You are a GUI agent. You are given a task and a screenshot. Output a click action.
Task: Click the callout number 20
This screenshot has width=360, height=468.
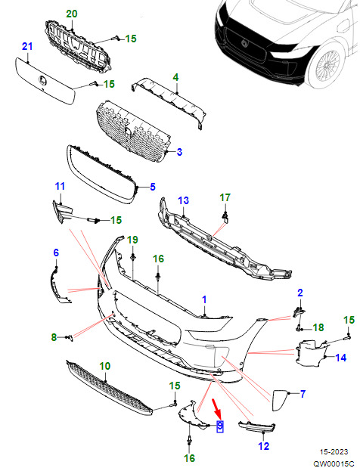tap(71, 14)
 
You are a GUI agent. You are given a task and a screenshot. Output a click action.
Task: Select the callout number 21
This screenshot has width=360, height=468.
tap(27, 46)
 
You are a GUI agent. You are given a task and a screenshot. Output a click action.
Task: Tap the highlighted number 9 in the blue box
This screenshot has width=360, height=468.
tap(220, 426)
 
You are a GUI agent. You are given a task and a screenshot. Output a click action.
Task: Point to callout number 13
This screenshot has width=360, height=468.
tap(184, 200)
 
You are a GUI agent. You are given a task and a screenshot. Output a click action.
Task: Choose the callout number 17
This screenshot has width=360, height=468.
tap(225, 197)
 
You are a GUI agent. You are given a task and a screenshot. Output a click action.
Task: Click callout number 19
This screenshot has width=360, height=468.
tap(133, 240)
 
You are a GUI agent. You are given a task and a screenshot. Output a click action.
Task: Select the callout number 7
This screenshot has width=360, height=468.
tap(303, 394)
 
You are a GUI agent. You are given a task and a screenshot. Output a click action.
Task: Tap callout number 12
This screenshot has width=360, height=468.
tap(264, 446)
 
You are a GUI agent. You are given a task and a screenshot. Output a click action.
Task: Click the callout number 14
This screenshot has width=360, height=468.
tap(341, 358)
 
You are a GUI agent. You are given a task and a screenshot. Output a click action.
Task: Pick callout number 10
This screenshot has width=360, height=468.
tap(105, 366)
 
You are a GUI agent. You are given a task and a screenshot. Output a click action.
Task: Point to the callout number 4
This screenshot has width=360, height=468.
tap(175, 77)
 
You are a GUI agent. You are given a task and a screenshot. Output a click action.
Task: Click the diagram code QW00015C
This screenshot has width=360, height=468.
tap(333, 463)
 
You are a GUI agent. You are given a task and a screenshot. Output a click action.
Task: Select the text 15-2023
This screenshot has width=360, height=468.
tap(334, 452)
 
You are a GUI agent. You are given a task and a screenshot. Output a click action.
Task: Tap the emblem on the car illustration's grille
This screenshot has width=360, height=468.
tap(245, 43)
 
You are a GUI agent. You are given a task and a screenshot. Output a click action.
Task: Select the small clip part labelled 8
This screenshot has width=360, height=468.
tap(70, 337)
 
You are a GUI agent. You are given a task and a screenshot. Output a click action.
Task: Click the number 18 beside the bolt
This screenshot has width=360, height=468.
tap(318, 327)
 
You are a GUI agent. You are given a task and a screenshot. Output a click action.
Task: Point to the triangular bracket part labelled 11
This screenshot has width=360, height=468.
tap(61, 211)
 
